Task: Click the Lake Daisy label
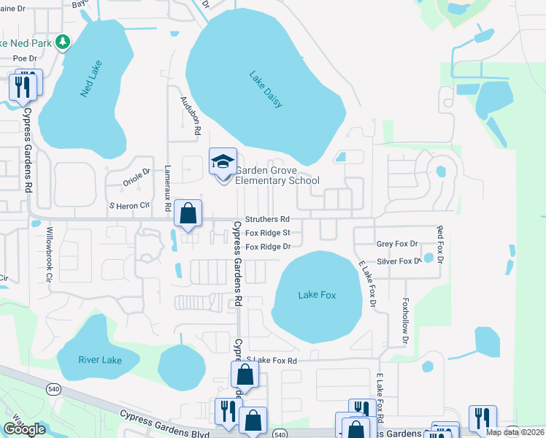pyautogui.click(x=266, y=89)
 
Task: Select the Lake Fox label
pyautogui.click(x=318, y=295)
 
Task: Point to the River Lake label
pyautogui.click(x=99, y=359)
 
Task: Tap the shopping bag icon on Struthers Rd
pyautogui.click(x=188, y=215)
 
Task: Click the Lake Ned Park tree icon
pyautogui.click(x=64, y=43)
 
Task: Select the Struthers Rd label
pyautogui.click(x=267, y=219)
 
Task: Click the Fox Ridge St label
pyautogui.click(x=268, y=233)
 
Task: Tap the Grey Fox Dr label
pyautogui.click(x=397, y=244)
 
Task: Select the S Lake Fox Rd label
pyautogui.click(x=272, y=361)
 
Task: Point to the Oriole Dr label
pyautogui.click(x=136, y=173)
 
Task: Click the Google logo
pyautogui.click(x=24, y=429)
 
